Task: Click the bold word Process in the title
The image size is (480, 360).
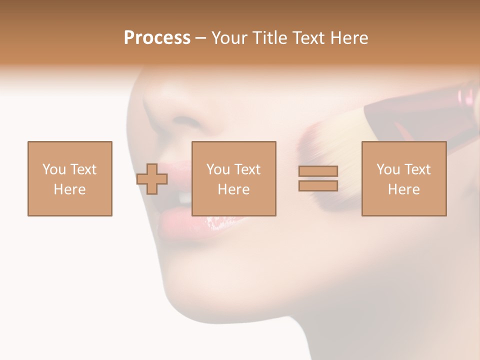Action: click(x=157, y=38)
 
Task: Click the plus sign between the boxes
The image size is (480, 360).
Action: click(x=152, y=179)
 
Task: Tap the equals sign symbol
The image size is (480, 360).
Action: click(x=318, y=178)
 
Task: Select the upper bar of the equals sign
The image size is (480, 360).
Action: click(x=318, y=171)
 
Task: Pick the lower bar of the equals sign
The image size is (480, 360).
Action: click(x=318, y=185)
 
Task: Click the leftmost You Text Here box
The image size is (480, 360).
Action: click(x=70, y=178)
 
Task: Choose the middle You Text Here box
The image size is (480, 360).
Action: click(x=234, y=178)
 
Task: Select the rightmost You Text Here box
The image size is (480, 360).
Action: click(x=404, y=178)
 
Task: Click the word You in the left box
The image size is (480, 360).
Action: click(x=53, y=169)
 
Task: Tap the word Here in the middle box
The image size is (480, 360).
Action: click(x=234, y=189)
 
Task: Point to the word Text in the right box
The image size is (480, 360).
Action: click(x=417, y=169)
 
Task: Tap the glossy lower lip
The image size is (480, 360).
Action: click(x=200, y=224)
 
